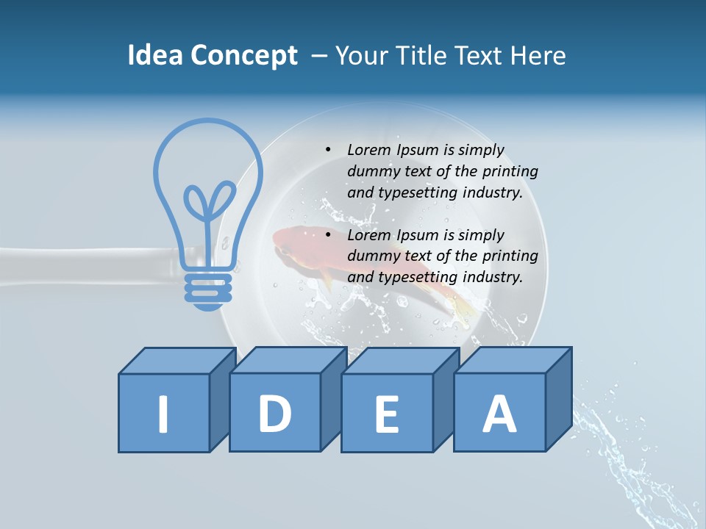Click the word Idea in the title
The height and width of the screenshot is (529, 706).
point(155,56)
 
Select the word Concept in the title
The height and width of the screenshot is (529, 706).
point(244,56)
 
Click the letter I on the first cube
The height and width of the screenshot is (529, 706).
point(163,414)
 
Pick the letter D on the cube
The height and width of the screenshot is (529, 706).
point(275,413)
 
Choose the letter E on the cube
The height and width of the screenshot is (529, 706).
point(387,414)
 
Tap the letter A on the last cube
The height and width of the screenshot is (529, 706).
point(499,413)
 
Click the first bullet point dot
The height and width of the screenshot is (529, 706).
point(328,150)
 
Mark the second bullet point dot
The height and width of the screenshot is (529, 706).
point(328,235)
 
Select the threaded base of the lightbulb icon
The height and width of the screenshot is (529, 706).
point(208,287)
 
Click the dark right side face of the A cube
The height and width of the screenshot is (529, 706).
point(558,400)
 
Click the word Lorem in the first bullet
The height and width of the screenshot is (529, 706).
point(369,150)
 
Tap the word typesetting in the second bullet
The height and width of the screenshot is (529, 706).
point(415,277)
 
